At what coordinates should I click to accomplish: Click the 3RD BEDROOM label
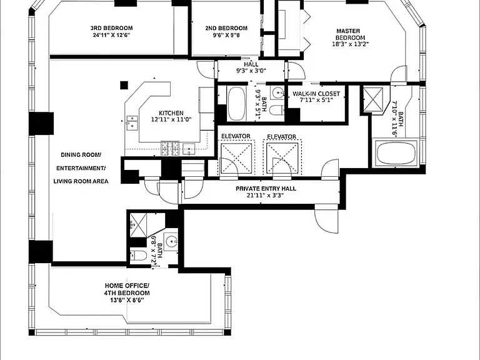pyautogui.click(x=111, y=28)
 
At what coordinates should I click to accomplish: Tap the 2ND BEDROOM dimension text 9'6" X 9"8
pyautogui.click(x=226, y=35)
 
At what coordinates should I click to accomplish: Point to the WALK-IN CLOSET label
pyautogui.click(x=316, y=94)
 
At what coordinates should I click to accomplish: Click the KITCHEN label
pyautogui.click(x=171, y=113)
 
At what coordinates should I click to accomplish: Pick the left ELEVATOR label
pyautogui.click(x=236, y=136)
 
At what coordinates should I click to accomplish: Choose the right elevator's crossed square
pyautogui.click(x=282, y=158)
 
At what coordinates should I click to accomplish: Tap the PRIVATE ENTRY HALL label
pyautogui.click(x=266, y=189)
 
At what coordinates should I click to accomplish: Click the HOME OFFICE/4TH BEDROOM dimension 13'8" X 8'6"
pyautogui.click(x=127, y=300)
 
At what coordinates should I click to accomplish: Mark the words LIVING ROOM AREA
pyautogui.click(x=81, y=181)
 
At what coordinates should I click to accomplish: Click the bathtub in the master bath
pyautogui.click(x=396, y=153)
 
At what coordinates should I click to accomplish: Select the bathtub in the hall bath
pyautogui.click(x=237, y=104)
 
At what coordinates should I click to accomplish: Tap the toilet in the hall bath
pyautogui.click(x=276, y=109)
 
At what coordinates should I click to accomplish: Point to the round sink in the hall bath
pyautogui.click(x=278, y=91)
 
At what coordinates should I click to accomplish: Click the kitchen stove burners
pyautogui.click(x=170, y=149)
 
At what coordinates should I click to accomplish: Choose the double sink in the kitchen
pyautogui.click(x=132, y=122)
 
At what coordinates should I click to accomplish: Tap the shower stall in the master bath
pyautogui.click(x=372, y=99)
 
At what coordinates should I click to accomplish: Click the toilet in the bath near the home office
pyautogui.click(x=138, y=256)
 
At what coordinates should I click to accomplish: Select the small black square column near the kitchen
pyautogui.click(x=124, y=85)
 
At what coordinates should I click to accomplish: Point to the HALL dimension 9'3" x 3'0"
pyautogui.click(x=251, y=71)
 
